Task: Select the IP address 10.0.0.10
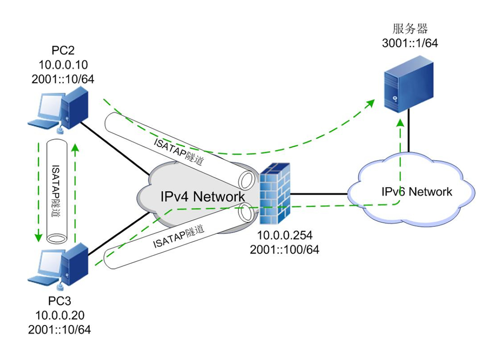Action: (63, 64)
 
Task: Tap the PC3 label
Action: (60, 302)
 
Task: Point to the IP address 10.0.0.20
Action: (60, 316)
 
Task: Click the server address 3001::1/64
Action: (410, 43)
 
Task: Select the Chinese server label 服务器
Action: (410, 29)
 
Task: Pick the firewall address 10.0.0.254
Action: (284, 236)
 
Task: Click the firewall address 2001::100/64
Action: (284, 250)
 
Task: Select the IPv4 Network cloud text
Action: (202, 196)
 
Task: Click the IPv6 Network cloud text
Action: (416, 192)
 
